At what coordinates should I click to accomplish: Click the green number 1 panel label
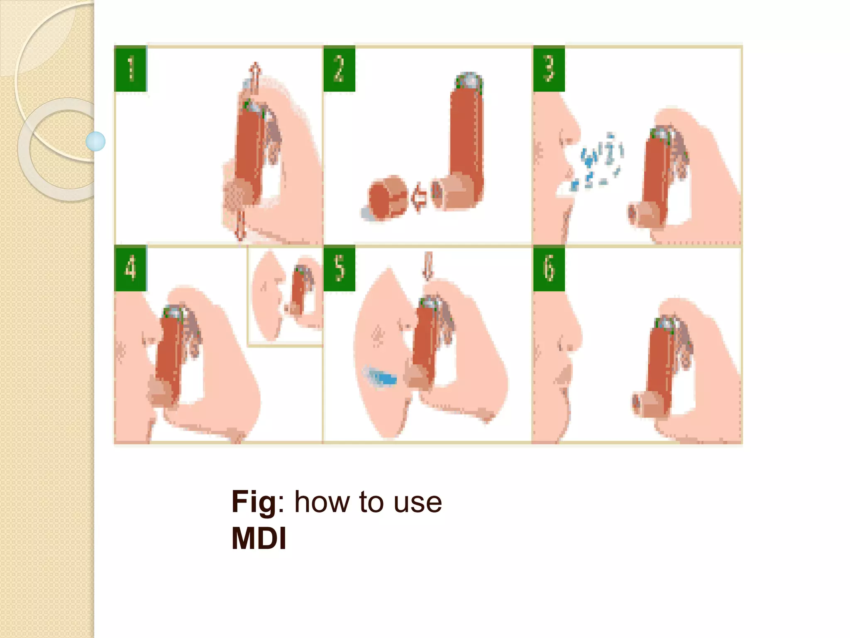(x=130, y=69)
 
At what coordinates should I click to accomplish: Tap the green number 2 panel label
(x=340, y=69)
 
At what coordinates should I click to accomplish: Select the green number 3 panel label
(x=549, y=69)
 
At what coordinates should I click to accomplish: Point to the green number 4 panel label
(x=130, y=268)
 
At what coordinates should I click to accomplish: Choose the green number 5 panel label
(x=340, y=268)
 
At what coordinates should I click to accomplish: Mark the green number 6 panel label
(x=549, y=268)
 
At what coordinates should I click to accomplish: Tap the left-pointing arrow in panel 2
(x=418, y=197)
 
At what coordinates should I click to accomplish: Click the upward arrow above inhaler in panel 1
(x=254, y=77)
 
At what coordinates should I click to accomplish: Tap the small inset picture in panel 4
(x=286, y=296)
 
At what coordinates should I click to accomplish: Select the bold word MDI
(x=259, y=539)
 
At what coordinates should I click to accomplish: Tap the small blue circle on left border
(x=95, y=141)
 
